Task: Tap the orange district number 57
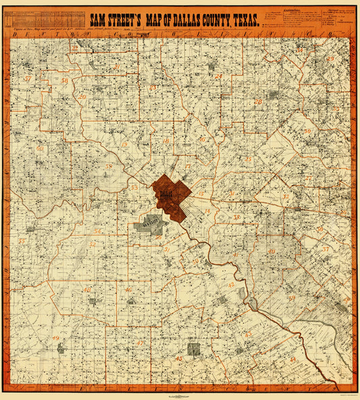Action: pos(28,79)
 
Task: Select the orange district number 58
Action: pos(64,81)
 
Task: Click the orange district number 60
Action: pos(41,148)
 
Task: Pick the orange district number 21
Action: pos(117,66)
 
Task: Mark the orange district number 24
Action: pos(218,76)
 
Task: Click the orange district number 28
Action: pos(257,102)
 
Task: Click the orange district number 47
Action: pos(139,342)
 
